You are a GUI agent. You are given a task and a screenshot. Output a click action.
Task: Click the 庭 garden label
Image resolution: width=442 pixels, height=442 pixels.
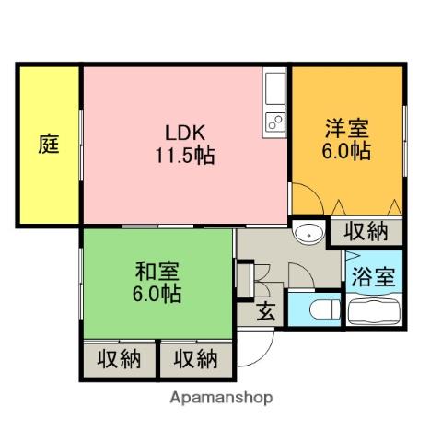[x=49, y=145]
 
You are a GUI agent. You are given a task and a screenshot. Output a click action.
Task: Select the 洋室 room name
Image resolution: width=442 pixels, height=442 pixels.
[x=346, y=127]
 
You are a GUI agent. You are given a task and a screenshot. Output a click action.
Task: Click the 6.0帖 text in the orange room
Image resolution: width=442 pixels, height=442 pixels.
[x=346, y=152]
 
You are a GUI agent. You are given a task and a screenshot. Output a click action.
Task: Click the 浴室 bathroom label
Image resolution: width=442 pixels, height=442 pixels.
[x=375, y=277]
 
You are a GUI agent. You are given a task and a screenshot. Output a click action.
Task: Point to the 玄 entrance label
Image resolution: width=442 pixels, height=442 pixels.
[x=265, y=311]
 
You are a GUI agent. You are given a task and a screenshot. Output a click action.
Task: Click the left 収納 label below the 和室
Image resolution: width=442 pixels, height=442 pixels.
[x=119, y=357]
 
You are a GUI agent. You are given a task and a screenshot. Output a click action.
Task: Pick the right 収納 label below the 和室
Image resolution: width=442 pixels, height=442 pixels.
[x=195, y=357]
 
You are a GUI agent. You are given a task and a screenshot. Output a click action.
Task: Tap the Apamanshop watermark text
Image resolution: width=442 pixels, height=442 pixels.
[x=220, y=399]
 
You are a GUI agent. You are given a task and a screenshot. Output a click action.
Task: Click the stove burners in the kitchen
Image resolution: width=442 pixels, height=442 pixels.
[x=275, y=121]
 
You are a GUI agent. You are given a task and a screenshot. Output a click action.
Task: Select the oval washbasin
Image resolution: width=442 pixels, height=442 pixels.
[x=308, y=235]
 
